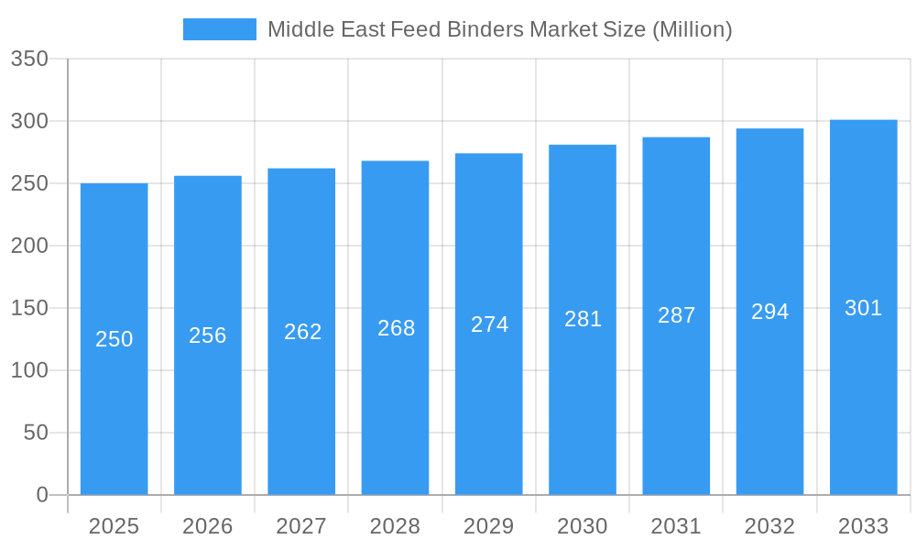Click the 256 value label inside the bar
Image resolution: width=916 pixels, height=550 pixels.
pos(208,335)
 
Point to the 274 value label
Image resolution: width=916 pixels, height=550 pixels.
pos(490,324)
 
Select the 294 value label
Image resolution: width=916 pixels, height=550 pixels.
pos(770,312)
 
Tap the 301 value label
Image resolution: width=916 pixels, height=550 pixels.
pos(863,308)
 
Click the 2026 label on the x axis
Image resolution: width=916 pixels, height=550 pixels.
pos(208,526)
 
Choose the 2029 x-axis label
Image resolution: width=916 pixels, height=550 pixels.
pos(489,526)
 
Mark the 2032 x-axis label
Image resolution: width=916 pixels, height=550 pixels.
pos(769,526)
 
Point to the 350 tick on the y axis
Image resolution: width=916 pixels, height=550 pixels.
pos(29,60)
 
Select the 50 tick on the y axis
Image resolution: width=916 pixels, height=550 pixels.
pos(36,433)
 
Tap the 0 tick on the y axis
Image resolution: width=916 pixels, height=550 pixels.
pos(42,495)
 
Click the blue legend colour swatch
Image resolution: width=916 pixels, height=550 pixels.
pos(220,29)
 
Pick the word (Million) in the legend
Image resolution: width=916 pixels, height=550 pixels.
pos(692,29)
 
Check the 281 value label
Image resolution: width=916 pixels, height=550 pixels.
pos(583,319)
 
